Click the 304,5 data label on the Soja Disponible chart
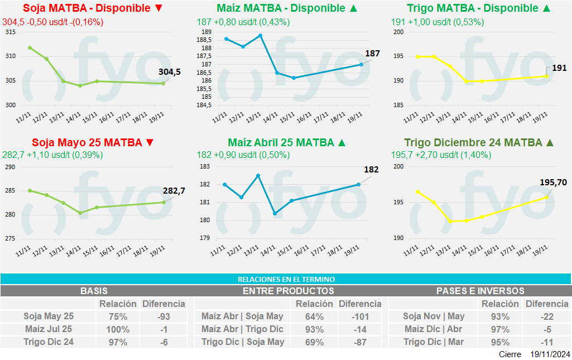[170, 71]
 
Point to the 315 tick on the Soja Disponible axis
[10, 32]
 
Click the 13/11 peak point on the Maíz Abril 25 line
[258, 175]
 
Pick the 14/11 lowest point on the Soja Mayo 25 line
[80, 213]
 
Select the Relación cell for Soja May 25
[117, 316]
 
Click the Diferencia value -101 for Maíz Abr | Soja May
[360, 316]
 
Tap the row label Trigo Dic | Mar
[434, 342]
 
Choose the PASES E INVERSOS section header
[480, 291]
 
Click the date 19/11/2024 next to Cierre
[550, 354]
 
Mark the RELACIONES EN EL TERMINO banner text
[286, 279]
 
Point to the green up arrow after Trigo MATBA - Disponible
[547, 8]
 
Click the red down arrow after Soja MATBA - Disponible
[158, 8]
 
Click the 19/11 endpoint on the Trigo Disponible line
[546, 76]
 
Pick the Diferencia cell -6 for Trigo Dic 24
[164, 342]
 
